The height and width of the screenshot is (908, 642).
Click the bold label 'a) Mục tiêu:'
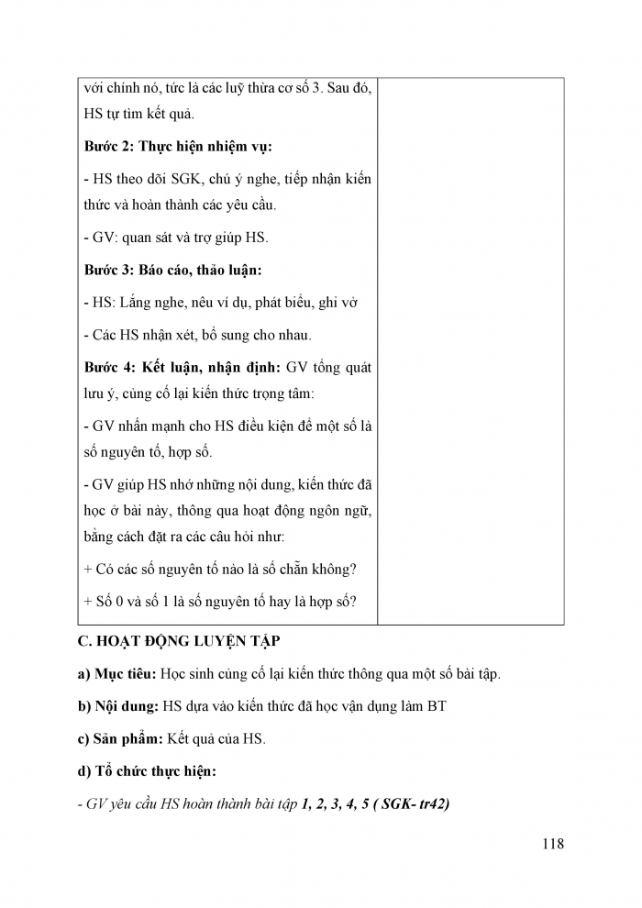click(x=116, y=673)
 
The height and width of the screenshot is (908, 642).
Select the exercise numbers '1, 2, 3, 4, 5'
click(x=334, y=804)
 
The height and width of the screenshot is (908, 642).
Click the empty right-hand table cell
click(x=470, y=349)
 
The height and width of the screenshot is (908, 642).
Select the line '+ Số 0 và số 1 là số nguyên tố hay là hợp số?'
click(x=219, y=601)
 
